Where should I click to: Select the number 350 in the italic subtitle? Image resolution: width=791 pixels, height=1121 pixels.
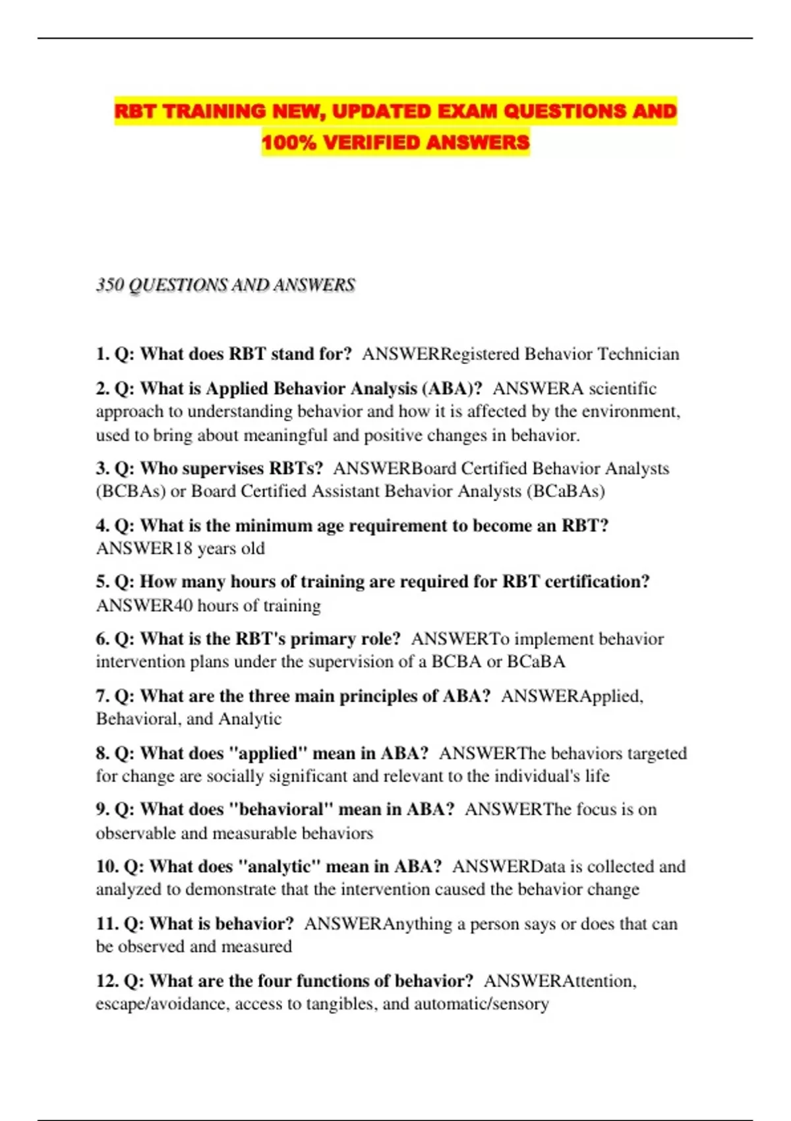tap(109, 285)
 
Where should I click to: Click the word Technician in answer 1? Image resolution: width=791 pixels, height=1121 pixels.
tap(638, 354)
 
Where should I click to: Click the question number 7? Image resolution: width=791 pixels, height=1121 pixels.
tap(102, 696)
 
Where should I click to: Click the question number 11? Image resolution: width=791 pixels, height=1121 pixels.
tap(107, 924)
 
